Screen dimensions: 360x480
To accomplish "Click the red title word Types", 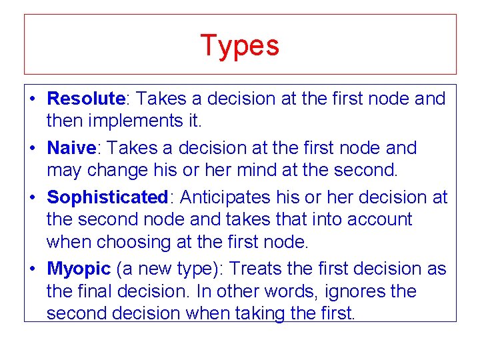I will point(239,46).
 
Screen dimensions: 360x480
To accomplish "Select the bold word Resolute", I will point(86,99).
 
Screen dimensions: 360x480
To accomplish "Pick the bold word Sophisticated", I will point(107,197).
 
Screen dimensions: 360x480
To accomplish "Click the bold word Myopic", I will point(78,269).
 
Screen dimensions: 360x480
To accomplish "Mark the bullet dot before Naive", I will point(33,149).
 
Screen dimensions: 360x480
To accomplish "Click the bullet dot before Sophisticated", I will point(33,198).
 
